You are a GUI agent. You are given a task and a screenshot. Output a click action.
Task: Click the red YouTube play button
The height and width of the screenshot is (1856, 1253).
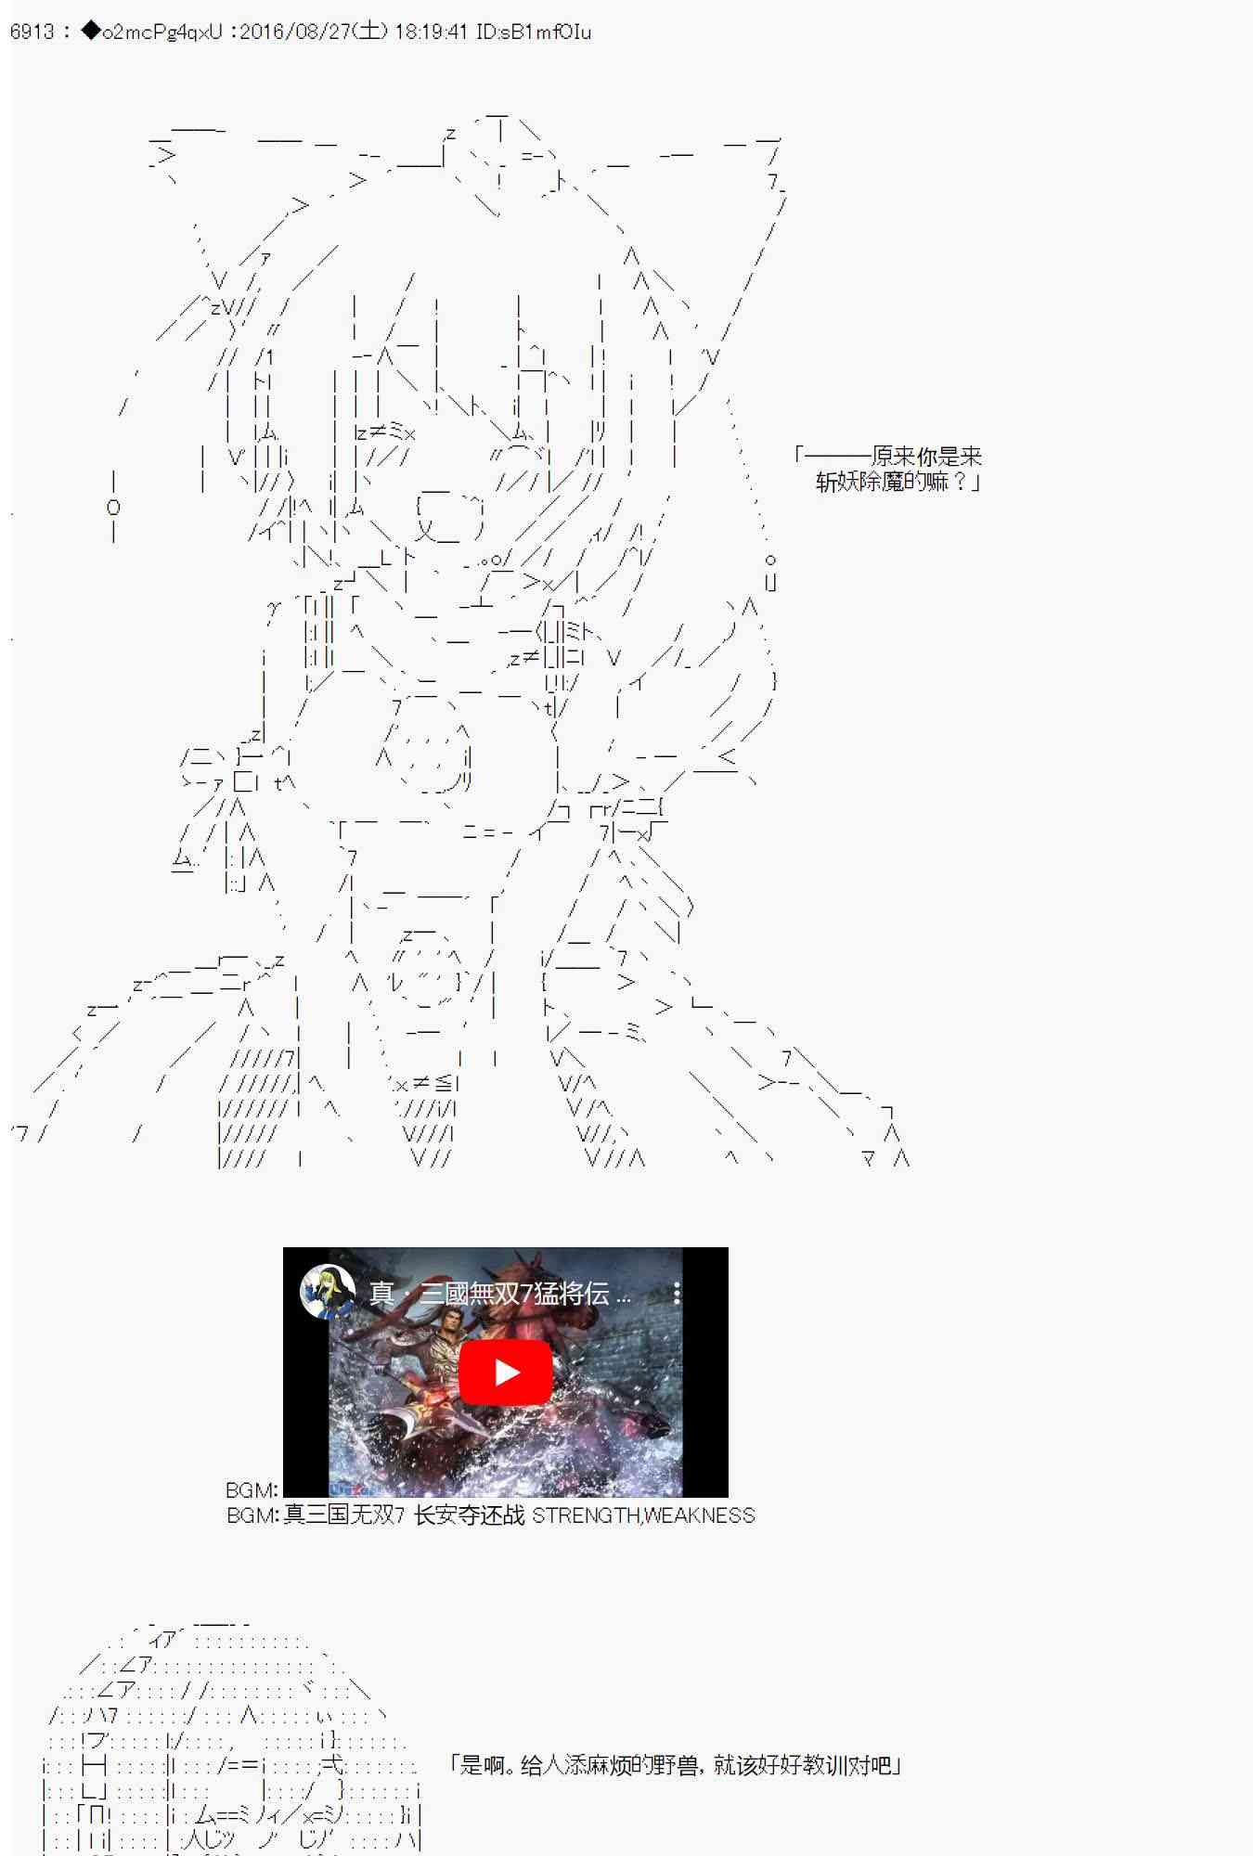click(506, 1372)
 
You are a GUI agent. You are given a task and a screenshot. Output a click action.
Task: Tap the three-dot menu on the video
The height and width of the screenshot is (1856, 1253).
click(677, 1293)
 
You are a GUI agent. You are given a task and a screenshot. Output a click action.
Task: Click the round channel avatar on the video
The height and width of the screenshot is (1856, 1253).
click(328, 1291)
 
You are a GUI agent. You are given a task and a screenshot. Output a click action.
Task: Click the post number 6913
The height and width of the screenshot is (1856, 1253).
click(32, 32)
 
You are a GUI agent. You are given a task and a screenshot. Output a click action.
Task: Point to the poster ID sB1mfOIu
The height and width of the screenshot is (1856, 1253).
click(551, 32)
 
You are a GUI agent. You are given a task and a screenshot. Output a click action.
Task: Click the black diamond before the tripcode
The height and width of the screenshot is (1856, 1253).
click(91, 32)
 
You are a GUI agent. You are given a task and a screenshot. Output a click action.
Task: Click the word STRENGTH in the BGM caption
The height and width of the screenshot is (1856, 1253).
click(586, 1515)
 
